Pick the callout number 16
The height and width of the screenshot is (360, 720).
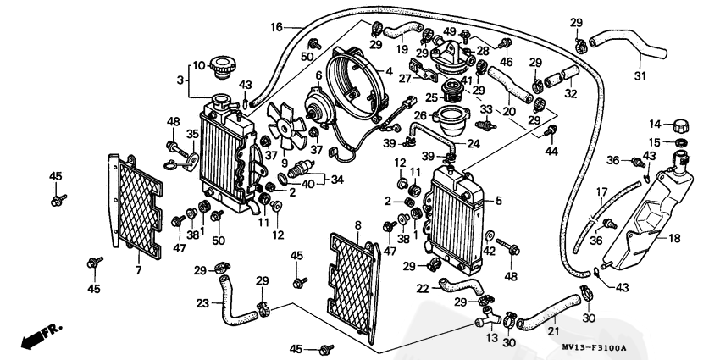(276, 27)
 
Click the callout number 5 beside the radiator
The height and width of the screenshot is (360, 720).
(499, 201)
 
